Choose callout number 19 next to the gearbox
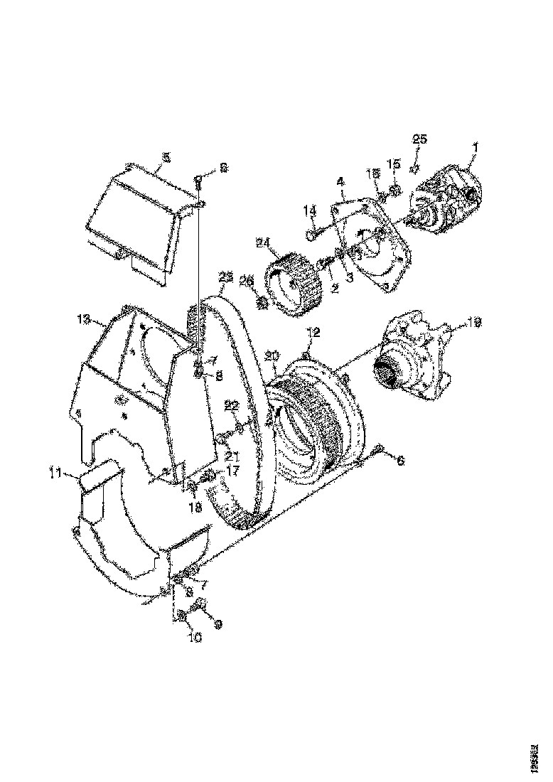(x=474, y=323)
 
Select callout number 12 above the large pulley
(x=313, y=332)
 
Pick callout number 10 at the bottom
(x=194, y=638)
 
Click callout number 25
(x=419, y=138)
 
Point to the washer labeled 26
(x=262, y=304)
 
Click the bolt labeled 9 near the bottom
(x=200, y=604)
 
